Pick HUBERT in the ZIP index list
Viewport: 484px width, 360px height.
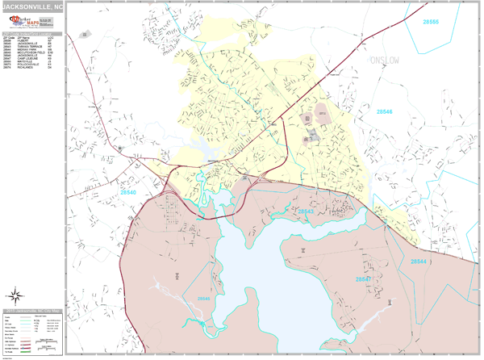pyautogui.click(x=23, y=41)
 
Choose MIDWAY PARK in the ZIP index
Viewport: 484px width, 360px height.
pyautogui.click(x=26, y=50)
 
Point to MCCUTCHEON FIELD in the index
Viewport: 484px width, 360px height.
pyautogui.click(x=30, y=53)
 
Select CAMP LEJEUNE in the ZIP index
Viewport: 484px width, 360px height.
pyautogui.click(x=27, y=59)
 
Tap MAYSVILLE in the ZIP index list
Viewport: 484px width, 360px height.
pyautogui.click(x=24, y=62)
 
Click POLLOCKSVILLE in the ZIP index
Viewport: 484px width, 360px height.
pyautogui.click(x=28, y=65)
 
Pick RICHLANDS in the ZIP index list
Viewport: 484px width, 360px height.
pyautogui.click(x=24, y=68)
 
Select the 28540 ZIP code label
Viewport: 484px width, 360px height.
pyautogui.click(x=129, y=193)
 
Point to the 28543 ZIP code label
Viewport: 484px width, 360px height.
pyautogui.click(x=305, y=211)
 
